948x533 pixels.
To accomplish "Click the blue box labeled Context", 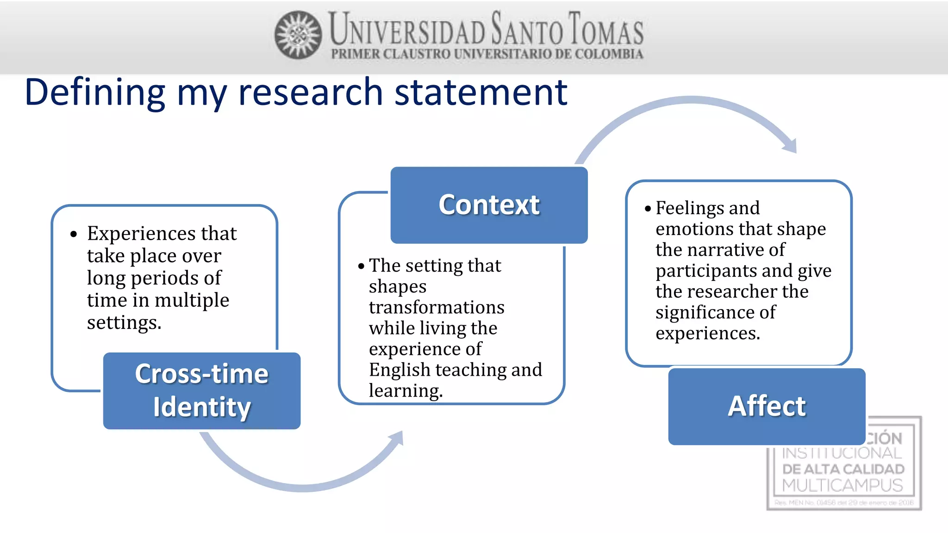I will point(489,205).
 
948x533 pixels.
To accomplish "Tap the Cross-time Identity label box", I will point(202,391).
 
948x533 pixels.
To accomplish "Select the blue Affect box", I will point(767,406).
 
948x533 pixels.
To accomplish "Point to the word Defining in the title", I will point(95,92).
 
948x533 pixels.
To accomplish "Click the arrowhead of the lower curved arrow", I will point(397,439).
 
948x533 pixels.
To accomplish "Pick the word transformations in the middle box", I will point(436,307).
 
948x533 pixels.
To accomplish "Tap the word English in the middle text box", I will point(399,370).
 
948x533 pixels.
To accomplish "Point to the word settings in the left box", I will point(124,322).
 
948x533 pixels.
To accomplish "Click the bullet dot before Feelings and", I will point(648,209).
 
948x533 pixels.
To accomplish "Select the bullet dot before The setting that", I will point(361,266).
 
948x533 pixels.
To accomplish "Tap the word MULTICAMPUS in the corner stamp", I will point(842,485).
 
